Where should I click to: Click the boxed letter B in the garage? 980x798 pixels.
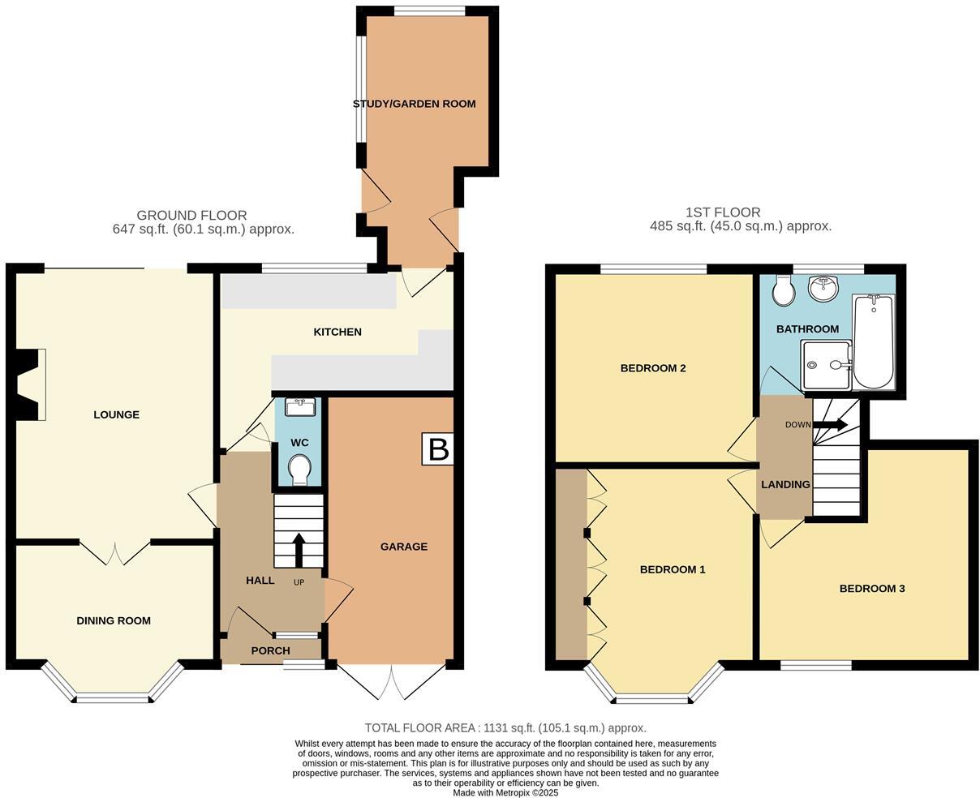(438, 448)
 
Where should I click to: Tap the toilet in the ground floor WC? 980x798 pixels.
(299, 469)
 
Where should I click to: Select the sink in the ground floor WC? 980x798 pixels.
(299, 407)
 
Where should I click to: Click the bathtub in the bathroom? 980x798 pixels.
(873, 341)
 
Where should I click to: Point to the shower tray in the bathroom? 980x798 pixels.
(826, 365)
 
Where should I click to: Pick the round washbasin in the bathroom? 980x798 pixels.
(824, 288)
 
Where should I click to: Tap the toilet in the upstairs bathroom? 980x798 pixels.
(784, 290)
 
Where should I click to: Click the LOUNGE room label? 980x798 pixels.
(116, 414)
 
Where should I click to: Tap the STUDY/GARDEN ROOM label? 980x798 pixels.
(414, 104)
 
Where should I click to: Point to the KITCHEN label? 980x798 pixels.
(337, 332)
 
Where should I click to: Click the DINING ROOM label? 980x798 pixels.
(114, 620)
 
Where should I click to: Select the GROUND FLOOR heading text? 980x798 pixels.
(191, 215)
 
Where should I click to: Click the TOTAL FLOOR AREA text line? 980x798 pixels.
(505, 728)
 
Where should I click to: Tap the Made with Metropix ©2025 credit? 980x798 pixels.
(505, 792)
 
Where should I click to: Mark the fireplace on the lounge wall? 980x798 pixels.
(31, 384)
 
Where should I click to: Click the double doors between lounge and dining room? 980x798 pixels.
(115, 551)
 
